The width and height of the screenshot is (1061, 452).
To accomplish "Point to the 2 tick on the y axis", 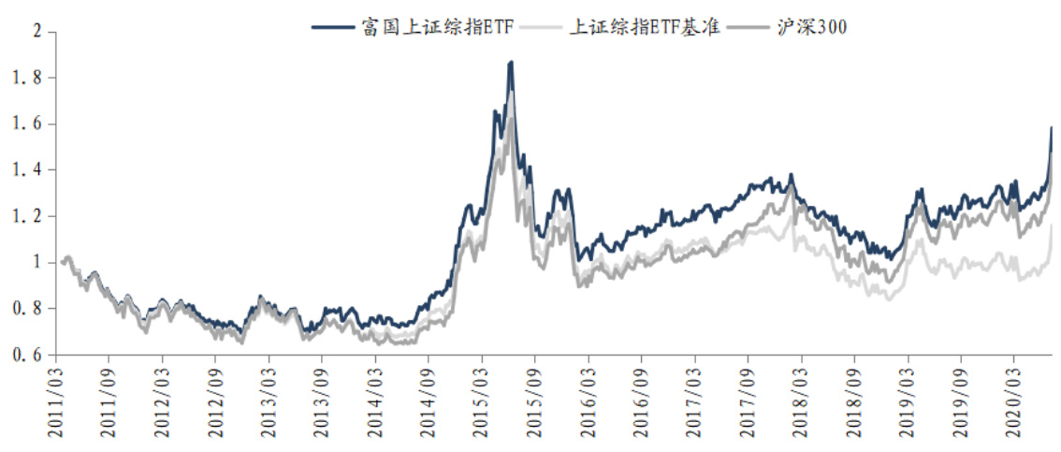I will click(x=38, y=32).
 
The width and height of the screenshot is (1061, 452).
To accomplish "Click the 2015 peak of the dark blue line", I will click(x=511, y=62).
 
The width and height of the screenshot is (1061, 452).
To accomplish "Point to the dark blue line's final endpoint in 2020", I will click(x=1052, y=127).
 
